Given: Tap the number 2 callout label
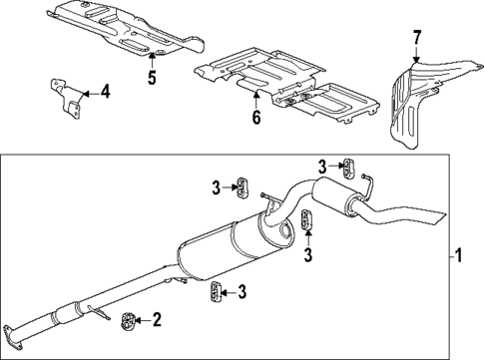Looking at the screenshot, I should tap(156, 319).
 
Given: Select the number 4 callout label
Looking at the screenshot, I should tap(106, 94).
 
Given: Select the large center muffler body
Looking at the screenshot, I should tap(235, 253).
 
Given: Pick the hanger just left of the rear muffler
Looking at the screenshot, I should tap(305, 220).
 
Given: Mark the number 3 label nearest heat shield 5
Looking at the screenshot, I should tap(215, 184).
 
